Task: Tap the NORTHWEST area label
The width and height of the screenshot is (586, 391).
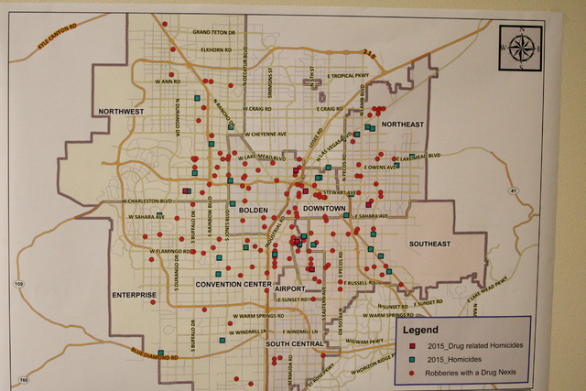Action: click(121, 112)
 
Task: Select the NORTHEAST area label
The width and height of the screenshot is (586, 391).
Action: click(403, 124)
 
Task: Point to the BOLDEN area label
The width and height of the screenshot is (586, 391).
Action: click(253, 211)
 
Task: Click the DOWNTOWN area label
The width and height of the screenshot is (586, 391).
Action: click(324, 210)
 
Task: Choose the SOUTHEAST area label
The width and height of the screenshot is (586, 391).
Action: click(430, 244)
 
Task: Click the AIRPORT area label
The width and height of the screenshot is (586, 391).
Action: click(302, 287)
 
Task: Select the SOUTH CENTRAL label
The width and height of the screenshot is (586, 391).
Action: click(296, 343)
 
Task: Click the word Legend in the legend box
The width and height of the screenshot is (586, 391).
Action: click(420, 330)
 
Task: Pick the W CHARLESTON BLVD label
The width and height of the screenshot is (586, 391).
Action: click(147, 201)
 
